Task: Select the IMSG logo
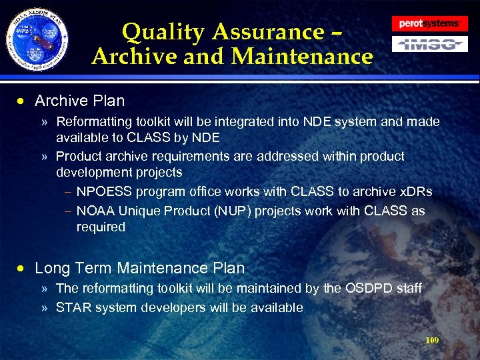pyautogui.click(x=429, y=45)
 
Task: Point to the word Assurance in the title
pyautogui.click(x=265, y=32)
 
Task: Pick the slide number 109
pyautogui.click(x=432, y=341)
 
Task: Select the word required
pyautogui.click(x=100, y=227)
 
